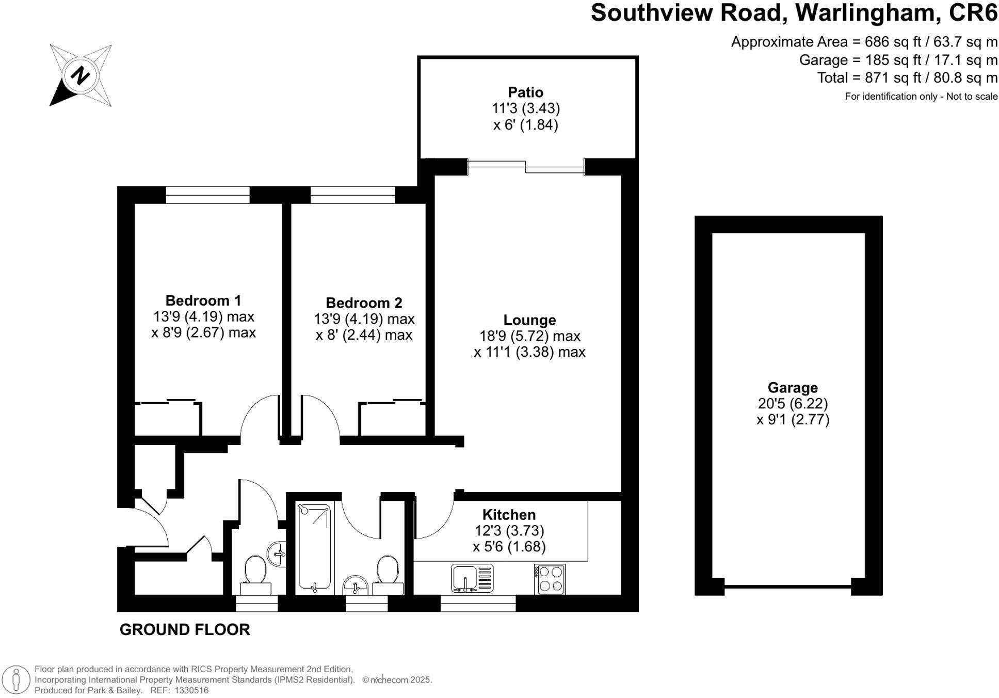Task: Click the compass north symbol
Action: click(x=80, y=76)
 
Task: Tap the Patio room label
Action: click(x=525, y=92)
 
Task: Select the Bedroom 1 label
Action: click(x=203, y=300)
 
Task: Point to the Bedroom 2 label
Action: click(x=364, y=303)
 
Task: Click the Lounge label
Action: click(x=529, y=320)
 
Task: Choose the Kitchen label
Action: click(x=509, y=515)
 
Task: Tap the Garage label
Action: click(x=793, y=388)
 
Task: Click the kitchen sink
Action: click(x=472, y=578)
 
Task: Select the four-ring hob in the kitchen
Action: click(x=550, y=579)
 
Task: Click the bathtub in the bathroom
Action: click(x=314, y=548)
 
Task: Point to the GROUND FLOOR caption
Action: click(x=185, y=630)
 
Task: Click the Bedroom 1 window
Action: click(x=207, y=195)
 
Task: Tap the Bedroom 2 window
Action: click(x=352, y=195)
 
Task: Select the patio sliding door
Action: click(x=525, y=167)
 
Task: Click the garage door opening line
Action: click(x=787, y=587)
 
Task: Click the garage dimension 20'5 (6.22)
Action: click(x=793, y=404)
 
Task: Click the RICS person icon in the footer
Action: click(x=17, y=679)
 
